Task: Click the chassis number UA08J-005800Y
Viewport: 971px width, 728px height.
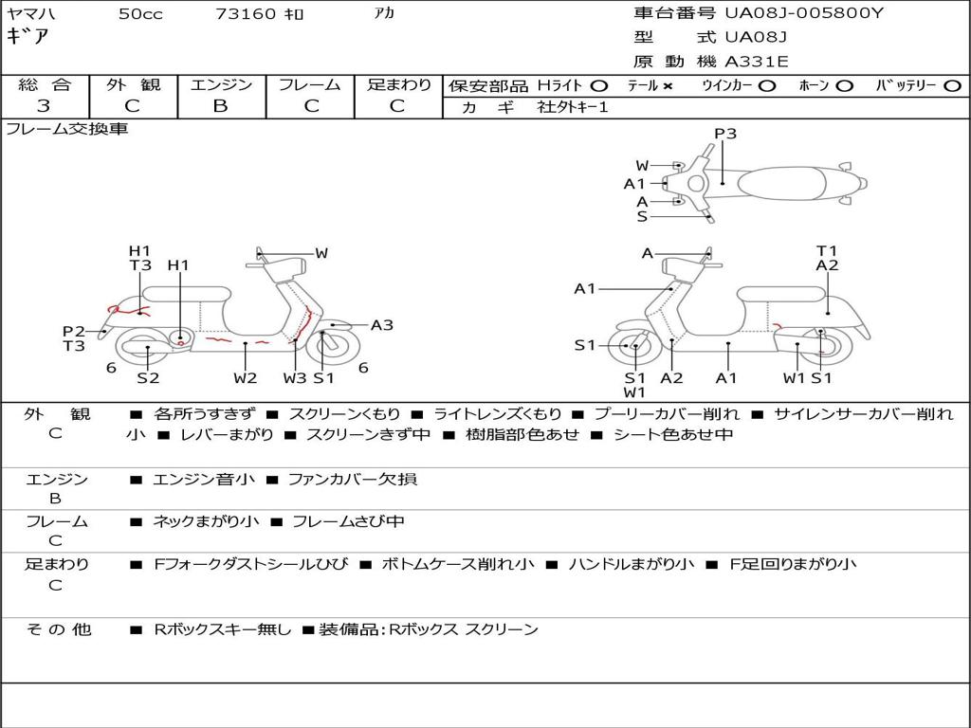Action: click(x=804, y=13)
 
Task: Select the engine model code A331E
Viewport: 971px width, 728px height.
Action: click(x=756, y=62)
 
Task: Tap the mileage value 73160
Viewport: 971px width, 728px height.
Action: click(x=246, y=14)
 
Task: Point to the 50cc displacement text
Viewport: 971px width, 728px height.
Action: click(x=140, y=14)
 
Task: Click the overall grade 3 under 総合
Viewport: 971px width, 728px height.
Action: click(x=44, y=106)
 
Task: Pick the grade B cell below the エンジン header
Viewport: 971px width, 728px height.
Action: click(x=220, y=106)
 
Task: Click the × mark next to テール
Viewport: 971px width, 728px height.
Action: click(x=668, y=85)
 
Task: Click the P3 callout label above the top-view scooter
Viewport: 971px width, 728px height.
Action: click(x=725, y=134)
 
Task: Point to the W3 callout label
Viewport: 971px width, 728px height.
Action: click(x=295, y=378)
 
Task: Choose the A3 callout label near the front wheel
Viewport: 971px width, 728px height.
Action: click(x=382, y=325)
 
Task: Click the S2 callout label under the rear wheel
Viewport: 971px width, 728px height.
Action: click(x=148, y=378)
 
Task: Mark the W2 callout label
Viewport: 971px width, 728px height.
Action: click(x=246, y=378)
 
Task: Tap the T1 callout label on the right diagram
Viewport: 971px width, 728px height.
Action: click(x=827, y=251)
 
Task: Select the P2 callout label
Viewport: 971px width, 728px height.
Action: click(x=74, y=331)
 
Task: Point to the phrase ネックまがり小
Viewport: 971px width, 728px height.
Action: click(x=206, y=521)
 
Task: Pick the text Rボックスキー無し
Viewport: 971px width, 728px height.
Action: click(x=223, y=629)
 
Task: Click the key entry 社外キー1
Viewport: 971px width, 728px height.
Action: click(x=575, y=107)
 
